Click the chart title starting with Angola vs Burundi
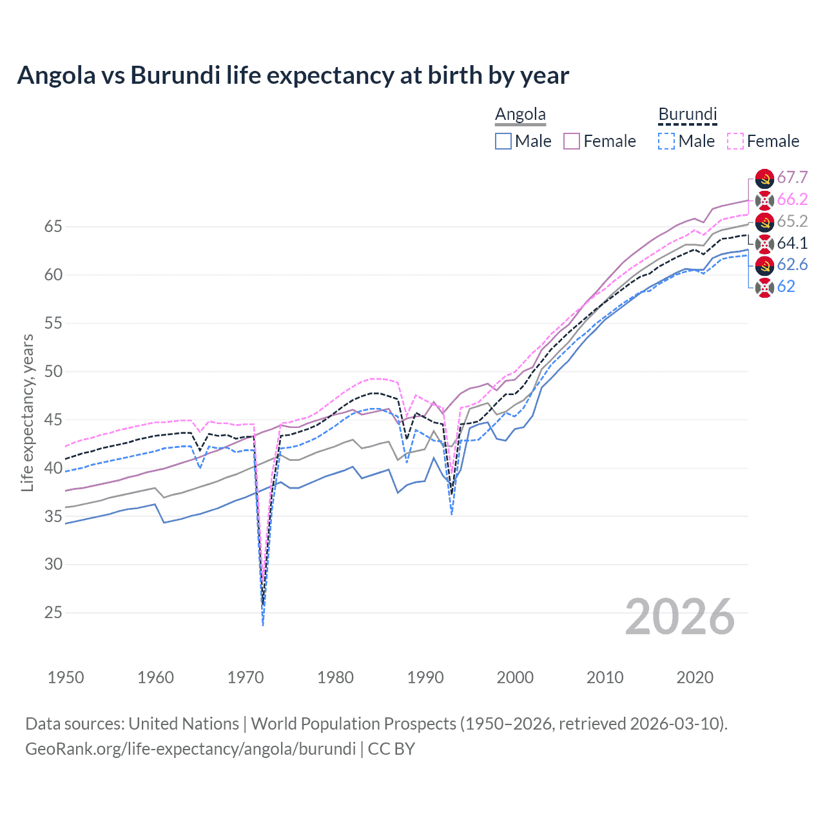coord(293,75)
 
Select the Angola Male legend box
coord(503,141)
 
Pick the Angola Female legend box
coord(572,141)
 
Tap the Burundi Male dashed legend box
coord(666,141)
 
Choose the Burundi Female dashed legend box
coord(735,141)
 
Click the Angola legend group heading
coord(520,115)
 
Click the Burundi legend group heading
coord(687,115)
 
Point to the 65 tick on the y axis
coord(53,227)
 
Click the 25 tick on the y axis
coord(53,612)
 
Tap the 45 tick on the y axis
coord(53,420)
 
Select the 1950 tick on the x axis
coord(66,677)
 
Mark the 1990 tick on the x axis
coord(425,677)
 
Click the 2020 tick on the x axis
coord(695,677)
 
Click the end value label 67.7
coord(792,178)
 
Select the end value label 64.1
coord(792,243)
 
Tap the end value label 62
coord(786,287)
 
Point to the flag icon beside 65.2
coord(764,222)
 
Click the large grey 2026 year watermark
coord(679,617)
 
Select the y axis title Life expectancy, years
coord(27,412)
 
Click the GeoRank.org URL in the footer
coord(190,749)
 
